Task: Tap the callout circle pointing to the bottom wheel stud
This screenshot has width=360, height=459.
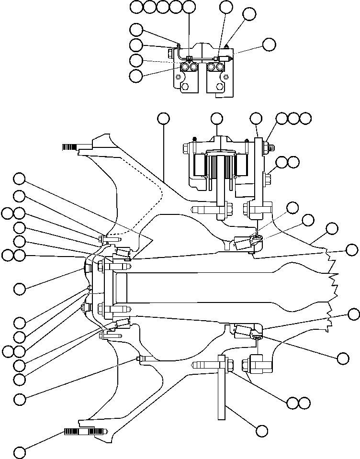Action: point(20,452)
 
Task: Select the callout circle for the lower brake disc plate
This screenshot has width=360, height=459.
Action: point(262,431)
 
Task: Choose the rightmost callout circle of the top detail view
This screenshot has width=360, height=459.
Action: point(269,45)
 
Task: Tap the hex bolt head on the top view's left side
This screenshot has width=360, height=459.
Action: point(170,51)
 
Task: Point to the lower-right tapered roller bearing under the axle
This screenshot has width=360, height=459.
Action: point(243,330)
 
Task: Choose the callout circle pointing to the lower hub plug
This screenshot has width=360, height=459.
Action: point(20,398)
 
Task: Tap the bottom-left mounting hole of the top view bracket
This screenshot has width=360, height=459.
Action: point(184,87)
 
